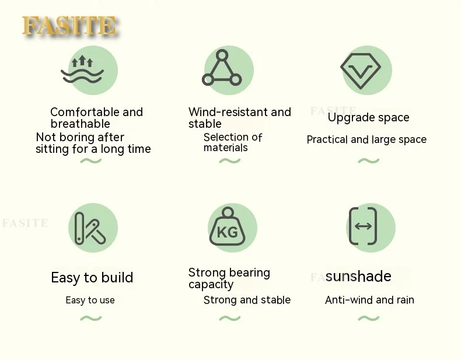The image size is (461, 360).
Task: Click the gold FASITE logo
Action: pos(69,26)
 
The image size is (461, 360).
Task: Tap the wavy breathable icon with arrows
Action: pos(82,69)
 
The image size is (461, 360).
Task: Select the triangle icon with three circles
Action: pos(222,68)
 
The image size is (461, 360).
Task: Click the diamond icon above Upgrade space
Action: pos(361,71)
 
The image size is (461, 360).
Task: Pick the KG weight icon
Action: pos(227,226)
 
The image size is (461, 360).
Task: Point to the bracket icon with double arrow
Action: pos(363,226)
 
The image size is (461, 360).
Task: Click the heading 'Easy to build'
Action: pos(92,277)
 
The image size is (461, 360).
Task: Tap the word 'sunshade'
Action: pos(358,276)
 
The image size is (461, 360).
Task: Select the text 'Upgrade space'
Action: pos(368,117)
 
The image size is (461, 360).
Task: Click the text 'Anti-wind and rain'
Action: pos(369,300)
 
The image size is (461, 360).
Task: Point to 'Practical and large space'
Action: pos(366,139)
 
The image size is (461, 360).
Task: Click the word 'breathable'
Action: pos(81,124)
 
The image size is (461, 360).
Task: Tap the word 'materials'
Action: pos(225,148)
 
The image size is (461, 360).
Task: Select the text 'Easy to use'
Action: pos(90,300)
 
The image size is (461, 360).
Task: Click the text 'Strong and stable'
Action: pos(247,300)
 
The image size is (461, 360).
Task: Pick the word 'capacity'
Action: pos(211,285)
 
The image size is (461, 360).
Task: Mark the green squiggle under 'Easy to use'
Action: pos(91,318)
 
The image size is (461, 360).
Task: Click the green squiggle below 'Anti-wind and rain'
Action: pos(369,318)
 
